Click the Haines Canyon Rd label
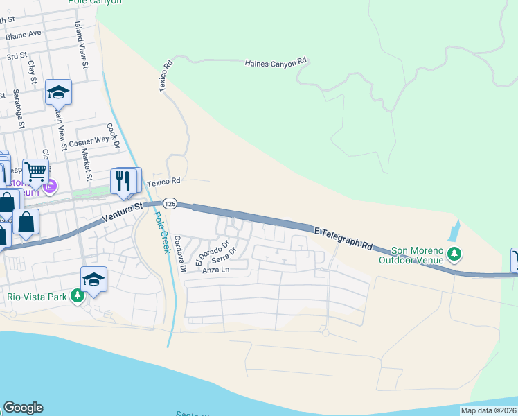(x=275, y=63)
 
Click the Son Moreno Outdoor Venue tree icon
(x=454, y=255)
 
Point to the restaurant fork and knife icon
(x=123, y=182)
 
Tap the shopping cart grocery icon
(x=35, y=171)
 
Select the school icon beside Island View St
(x=58, y=91)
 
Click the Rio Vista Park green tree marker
(x=78, y=296)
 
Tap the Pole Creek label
(x=161, y=232)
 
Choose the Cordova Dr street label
(x=180, y=253)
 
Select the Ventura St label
(x=122, y=212)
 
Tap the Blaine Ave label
(x=23, y=33)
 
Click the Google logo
(x=23, y=408)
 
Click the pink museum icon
(x=49, y=187)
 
